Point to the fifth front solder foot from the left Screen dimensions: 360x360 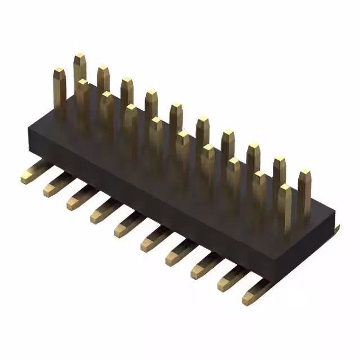(125, 228)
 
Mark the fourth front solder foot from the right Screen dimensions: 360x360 (175, 255)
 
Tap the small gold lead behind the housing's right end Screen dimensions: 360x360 (336, 228)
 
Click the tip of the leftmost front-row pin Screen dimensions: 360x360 (60, 73)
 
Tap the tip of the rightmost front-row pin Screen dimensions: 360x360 (285, 188)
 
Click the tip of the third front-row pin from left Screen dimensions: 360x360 (107, 96)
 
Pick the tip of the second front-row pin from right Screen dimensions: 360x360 (259, 175)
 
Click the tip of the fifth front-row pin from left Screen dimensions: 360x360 (156, 121)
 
